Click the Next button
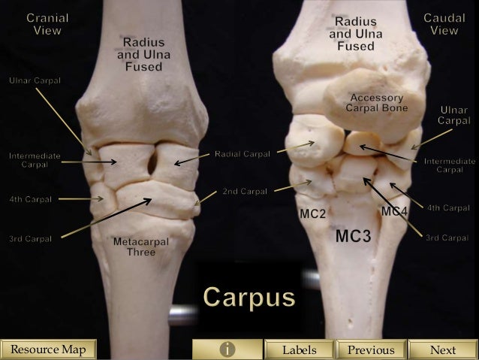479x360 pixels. point(443,349)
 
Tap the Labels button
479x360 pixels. point(299,349)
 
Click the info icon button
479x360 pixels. point(226,349)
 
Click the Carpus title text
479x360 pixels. point(249,298)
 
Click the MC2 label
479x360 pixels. point(312,215)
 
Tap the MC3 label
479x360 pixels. point(353,237)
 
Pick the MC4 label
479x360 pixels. point(394,211)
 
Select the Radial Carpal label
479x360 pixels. point(242,154)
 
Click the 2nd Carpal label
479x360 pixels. point(245,192)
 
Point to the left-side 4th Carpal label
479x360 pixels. point(30,199)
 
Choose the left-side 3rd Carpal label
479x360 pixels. point(30,239)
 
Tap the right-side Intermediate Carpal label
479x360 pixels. point(449,165)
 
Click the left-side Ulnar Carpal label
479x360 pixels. point(35,80)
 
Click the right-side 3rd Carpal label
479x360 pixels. point(447,237)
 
